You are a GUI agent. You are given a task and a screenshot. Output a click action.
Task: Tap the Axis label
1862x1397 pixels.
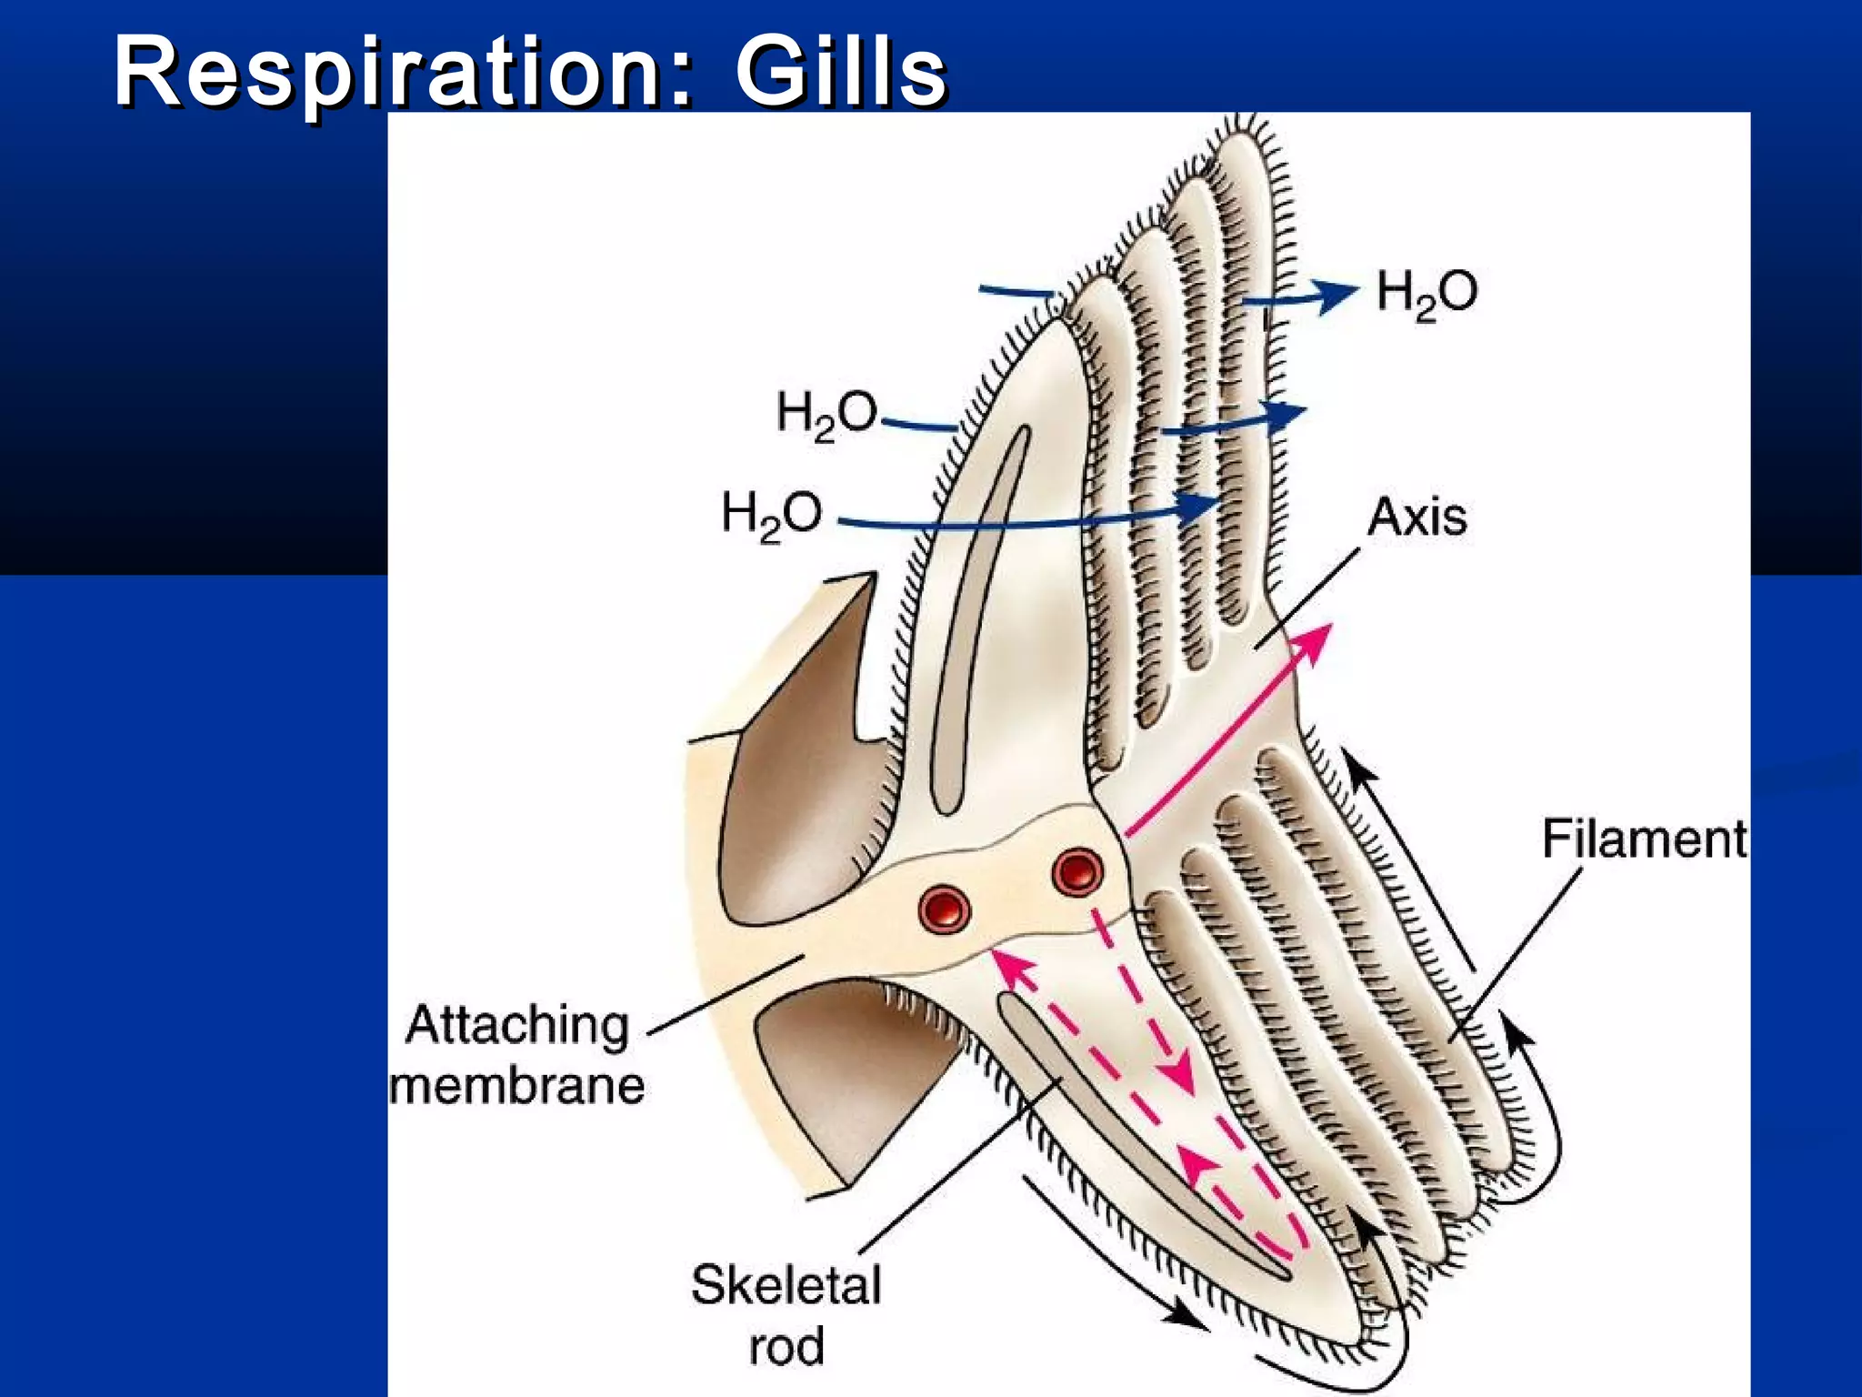(1417, 517)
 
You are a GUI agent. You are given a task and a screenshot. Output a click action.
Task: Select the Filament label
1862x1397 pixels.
(1644, 838)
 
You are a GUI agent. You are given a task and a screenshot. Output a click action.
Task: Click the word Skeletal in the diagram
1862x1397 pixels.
(786, 1284)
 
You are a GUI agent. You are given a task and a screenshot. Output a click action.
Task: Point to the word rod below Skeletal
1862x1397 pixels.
(786, 1346)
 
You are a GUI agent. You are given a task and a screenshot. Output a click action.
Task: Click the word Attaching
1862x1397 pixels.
(516, 1026)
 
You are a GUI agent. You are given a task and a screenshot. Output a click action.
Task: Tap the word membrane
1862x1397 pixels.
(516, 1086)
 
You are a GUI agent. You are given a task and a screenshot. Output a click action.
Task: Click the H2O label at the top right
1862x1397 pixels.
(1426, 294)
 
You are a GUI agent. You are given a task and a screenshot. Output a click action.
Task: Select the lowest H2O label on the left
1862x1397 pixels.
(771, 514)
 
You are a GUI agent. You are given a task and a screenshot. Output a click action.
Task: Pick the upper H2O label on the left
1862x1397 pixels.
(826, 414)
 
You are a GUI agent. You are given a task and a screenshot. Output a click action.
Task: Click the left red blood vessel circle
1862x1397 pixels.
(945, 908)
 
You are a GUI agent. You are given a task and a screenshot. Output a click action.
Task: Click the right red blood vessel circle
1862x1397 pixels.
(1077, 871)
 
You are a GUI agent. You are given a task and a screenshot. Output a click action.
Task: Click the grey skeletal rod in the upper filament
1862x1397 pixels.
(980, 618)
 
